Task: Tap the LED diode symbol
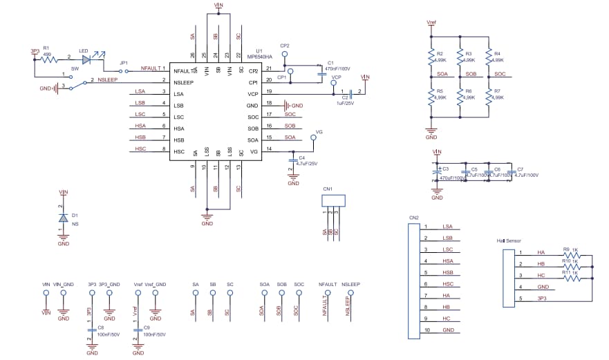[86, 60]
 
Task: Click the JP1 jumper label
[124, 63]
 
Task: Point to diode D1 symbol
[64, 218]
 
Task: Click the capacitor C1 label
[330, 63]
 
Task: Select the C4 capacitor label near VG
[302, 158]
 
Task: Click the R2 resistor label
[439, 53]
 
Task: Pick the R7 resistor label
[497, 91]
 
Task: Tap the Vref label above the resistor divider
[431, 22]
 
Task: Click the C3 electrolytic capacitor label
[445, 169]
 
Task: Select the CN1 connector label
[327, 189]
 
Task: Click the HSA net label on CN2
[448, 260]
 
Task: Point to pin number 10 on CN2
[427, 330]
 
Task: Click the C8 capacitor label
[100, 328]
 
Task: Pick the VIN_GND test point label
[63, 284]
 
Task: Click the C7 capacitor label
[520, 169]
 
